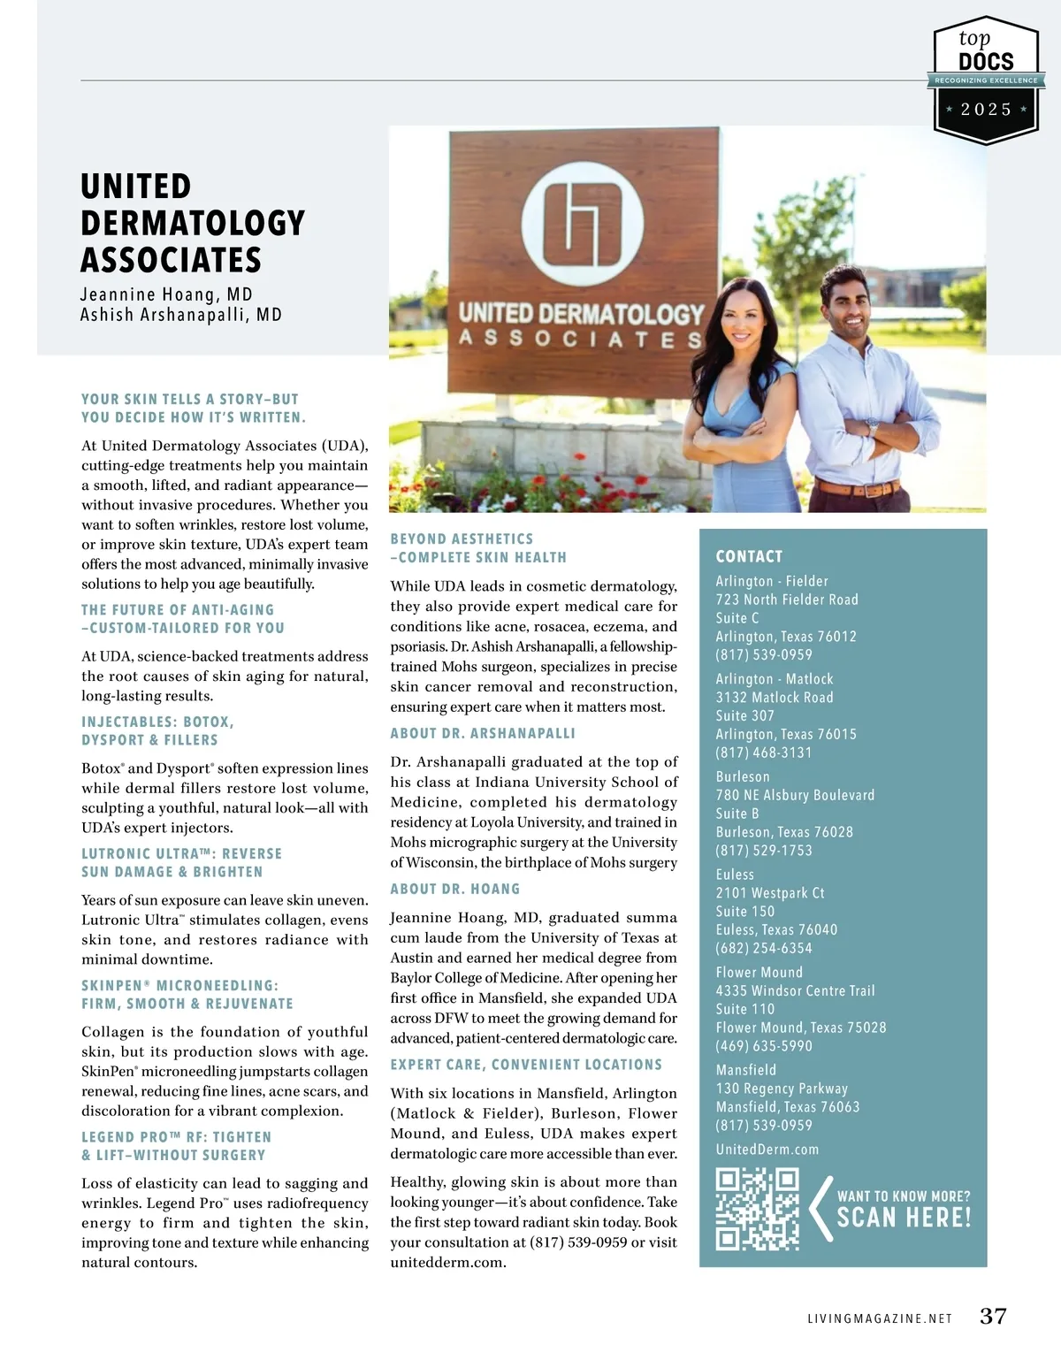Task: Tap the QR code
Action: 757,1209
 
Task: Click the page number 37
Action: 993,1316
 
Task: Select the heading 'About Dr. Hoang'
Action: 455,889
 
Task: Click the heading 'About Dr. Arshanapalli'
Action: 483,733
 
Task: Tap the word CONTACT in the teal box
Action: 749,556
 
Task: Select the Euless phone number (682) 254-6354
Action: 764,948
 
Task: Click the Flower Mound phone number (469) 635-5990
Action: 764,1045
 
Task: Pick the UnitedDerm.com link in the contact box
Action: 767,1149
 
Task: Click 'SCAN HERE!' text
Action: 904,1218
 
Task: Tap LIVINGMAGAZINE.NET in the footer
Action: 880,1318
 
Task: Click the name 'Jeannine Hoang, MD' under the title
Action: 166,294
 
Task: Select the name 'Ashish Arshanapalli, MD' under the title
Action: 181,315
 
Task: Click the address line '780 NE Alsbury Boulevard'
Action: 795,795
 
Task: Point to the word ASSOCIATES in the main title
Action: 172,260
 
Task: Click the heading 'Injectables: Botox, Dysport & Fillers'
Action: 157,730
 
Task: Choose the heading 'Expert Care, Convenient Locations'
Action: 526,1065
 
